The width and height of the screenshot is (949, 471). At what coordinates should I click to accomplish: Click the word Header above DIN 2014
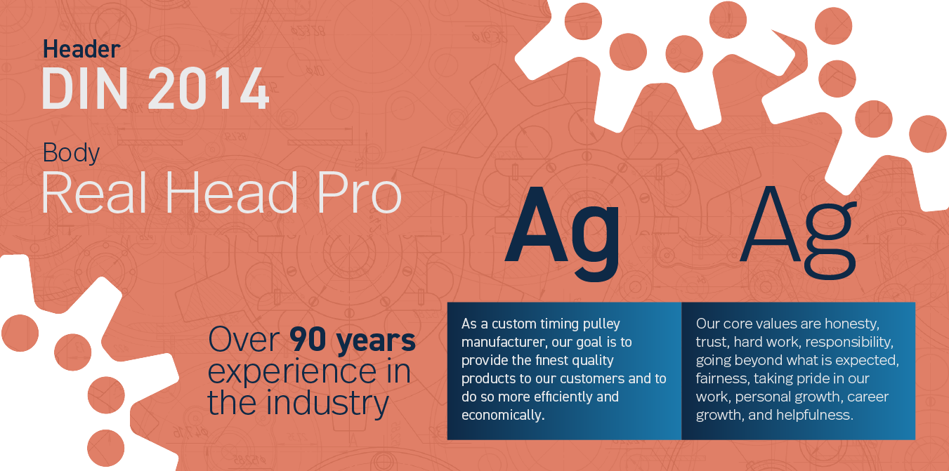[x=81, y=49]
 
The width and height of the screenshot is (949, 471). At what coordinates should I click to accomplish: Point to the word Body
[x=71, y=152]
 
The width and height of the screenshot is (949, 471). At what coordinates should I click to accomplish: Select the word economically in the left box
[x=502, y=415]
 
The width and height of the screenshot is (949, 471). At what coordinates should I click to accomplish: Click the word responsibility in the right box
[x=849, y=343]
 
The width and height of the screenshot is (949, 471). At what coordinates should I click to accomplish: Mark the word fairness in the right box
[x=719, y=379]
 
